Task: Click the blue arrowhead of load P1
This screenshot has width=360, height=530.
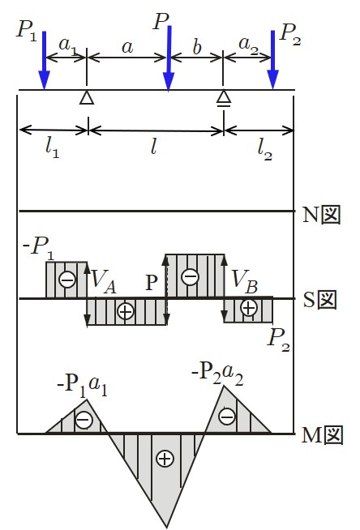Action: [x=45, y=80]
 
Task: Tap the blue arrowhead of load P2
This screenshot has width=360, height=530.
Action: [x=272, y=79]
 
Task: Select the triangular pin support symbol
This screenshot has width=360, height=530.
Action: [x=87, y=97]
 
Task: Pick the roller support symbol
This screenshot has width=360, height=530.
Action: [x=224, y=98]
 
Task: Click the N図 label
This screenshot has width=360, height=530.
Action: [x=321, y=215]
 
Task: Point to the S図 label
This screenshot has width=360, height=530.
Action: [x=319, y=300]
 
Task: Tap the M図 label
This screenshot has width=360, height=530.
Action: [x=322, y=435]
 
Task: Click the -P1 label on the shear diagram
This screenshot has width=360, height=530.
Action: [x=38, y=249]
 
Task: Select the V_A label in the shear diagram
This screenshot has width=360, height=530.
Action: [x=104, y=282]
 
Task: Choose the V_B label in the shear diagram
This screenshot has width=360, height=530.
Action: [x=245, y=281]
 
